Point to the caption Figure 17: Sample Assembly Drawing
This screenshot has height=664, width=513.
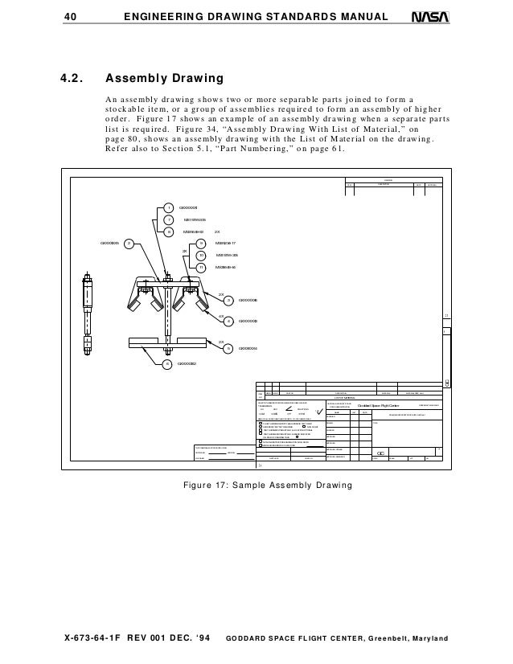point(256,486)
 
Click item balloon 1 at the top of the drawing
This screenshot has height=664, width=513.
point(169,207)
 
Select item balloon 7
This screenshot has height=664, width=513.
point(169,219)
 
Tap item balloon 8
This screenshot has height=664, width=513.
point(169,232)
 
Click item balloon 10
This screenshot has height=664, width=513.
point(201,255)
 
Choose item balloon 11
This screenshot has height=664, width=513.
point(201,267)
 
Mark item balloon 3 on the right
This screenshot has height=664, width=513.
point(228,301)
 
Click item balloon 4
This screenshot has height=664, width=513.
point(228,321)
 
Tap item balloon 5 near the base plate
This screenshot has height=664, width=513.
point(228,348)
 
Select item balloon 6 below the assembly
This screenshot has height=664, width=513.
point(167,363)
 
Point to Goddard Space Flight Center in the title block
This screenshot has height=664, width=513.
point(379,405)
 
